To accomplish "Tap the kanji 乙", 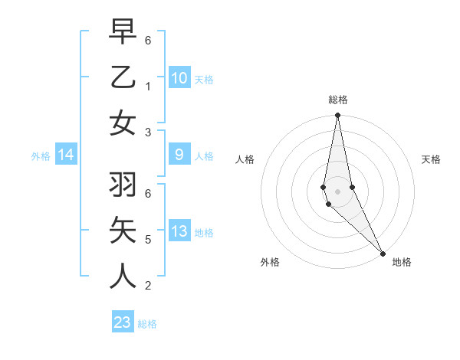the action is coord(123,77).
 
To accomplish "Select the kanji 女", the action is coord(123,124).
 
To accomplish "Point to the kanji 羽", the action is coord(123,184).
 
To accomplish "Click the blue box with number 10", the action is coord(179,77).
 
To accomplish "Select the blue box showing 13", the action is coord(179,231).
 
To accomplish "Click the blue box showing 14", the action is coord(66,155).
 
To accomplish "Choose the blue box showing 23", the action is coord(123,322).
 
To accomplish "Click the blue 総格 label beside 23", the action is coord(147,324).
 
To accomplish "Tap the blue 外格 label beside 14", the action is coord(41,156).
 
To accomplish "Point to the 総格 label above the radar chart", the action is coord(337,100).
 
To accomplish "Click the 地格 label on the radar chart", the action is coord(402,262).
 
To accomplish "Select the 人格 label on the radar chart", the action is coord(245,159).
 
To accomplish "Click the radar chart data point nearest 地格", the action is coord(383,253).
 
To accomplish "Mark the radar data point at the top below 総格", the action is coord(337,116).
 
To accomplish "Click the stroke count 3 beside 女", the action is coord(147,133).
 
